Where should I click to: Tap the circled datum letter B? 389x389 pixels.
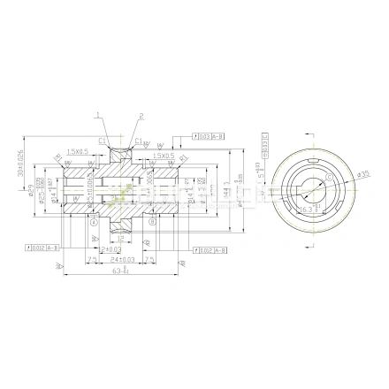[x=153, y=222]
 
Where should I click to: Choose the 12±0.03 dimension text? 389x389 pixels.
[x=111, y=250]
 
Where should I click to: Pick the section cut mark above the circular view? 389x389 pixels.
[x=313, y=133]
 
